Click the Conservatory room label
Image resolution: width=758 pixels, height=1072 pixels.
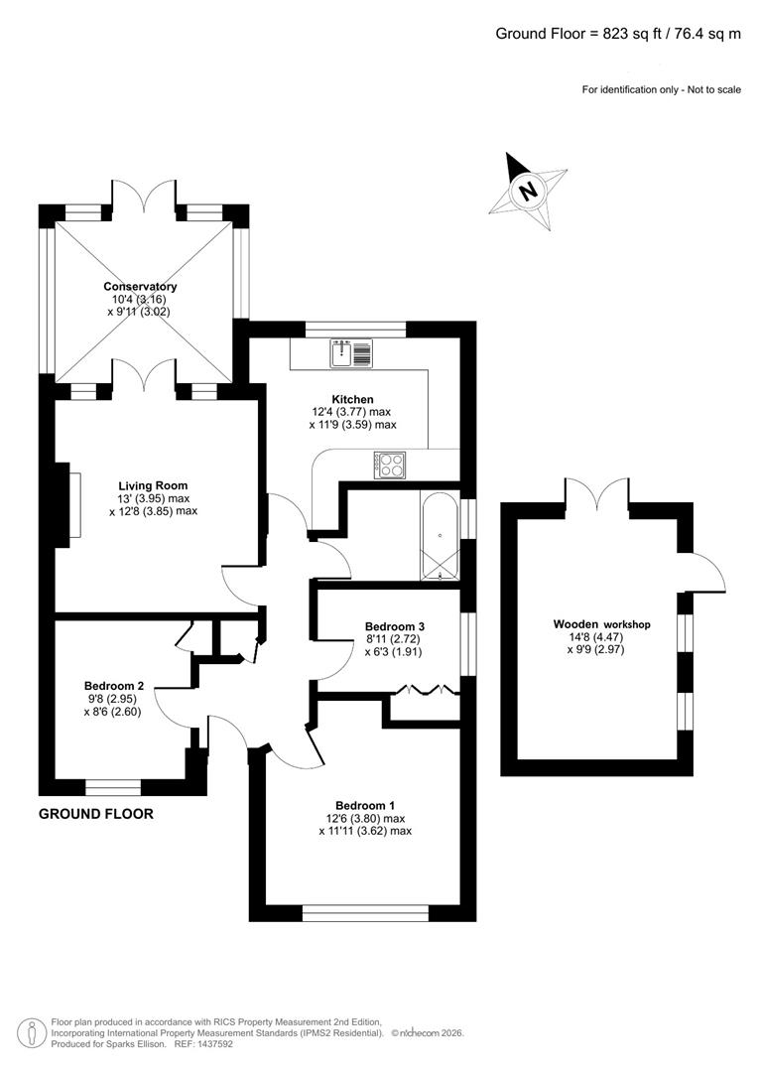140,287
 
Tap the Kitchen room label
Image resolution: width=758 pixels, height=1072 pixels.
352,399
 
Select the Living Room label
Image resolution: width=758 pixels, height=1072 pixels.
152,485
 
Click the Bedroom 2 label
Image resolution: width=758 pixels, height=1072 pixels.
114,686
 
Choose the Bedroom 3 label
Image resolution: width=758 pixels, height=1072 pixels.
395,626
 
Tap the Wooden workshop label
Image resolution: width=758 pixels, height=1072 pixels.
601,624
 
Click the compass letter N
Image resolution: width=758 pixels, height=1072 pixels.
529,190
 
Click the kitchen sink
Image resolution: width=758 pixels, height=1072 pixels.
353,352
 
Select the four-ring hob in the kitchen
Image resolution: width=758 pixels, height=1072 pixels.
389,465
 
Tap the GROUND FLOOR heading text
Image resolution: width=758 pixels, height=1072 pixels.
95,814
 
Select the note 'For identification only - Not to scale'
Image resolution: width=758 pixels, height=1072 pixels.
661,90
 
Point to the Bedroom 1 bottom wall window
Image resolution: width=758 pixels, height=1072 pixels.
365,913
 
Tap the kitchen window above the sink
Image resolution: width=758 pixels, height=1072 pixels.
355,329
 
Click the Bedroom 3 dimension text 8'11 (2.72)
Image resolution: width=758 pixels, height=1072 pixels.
395,640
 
